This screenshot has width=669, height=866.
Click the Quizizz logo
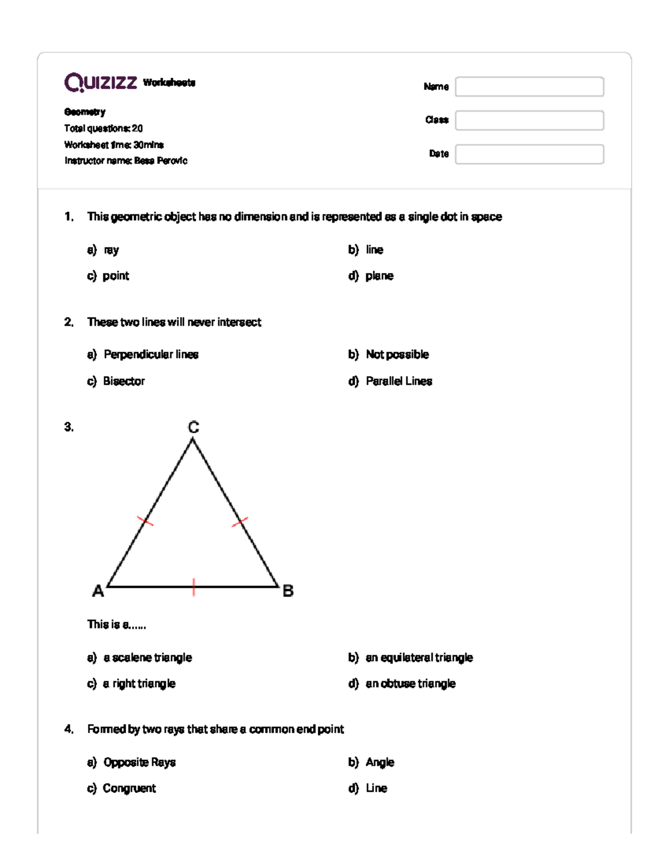[101, 83]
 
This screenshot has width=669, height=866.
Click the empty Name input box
[529, 86]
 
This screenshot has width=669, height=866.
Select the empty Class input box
[529, 120]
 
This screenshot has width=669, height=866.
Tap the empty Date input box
[529, 154]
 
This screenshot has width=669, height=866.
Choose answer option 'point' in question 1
[115, 276]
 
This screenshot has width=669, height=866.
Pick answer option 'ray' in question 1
[111, 250]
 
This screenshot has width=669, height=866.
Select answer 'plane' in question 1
[379, 276]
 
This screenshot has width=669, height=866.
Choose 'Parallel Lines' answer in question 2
[399, 381]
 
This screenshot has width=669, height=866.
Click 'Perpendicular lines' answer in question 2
[151, 355]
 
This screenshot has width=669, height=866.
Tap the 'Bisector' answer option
[124, 381]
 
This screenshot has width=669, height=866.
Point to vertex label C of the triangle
[193, 428]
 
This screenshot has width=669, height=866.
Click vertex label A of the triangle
[98, 591]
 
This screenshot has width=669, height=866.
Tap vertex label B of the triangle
[288, 591]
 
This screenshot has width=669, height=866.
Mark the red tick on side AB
[193, 587]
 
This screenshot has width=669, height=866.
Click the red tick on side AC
[146, 521]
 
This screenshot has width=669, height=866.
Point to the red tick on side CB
[240, 522]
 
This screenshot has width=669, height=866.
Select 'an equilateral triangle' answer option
[419, 658]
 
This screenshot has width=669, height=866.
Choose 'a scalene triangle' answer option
[147, 658]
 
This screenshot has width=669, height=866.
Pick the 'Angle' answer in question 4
[380, 762]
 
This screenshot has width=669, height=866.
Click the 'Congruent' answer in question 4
[129, 788]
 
